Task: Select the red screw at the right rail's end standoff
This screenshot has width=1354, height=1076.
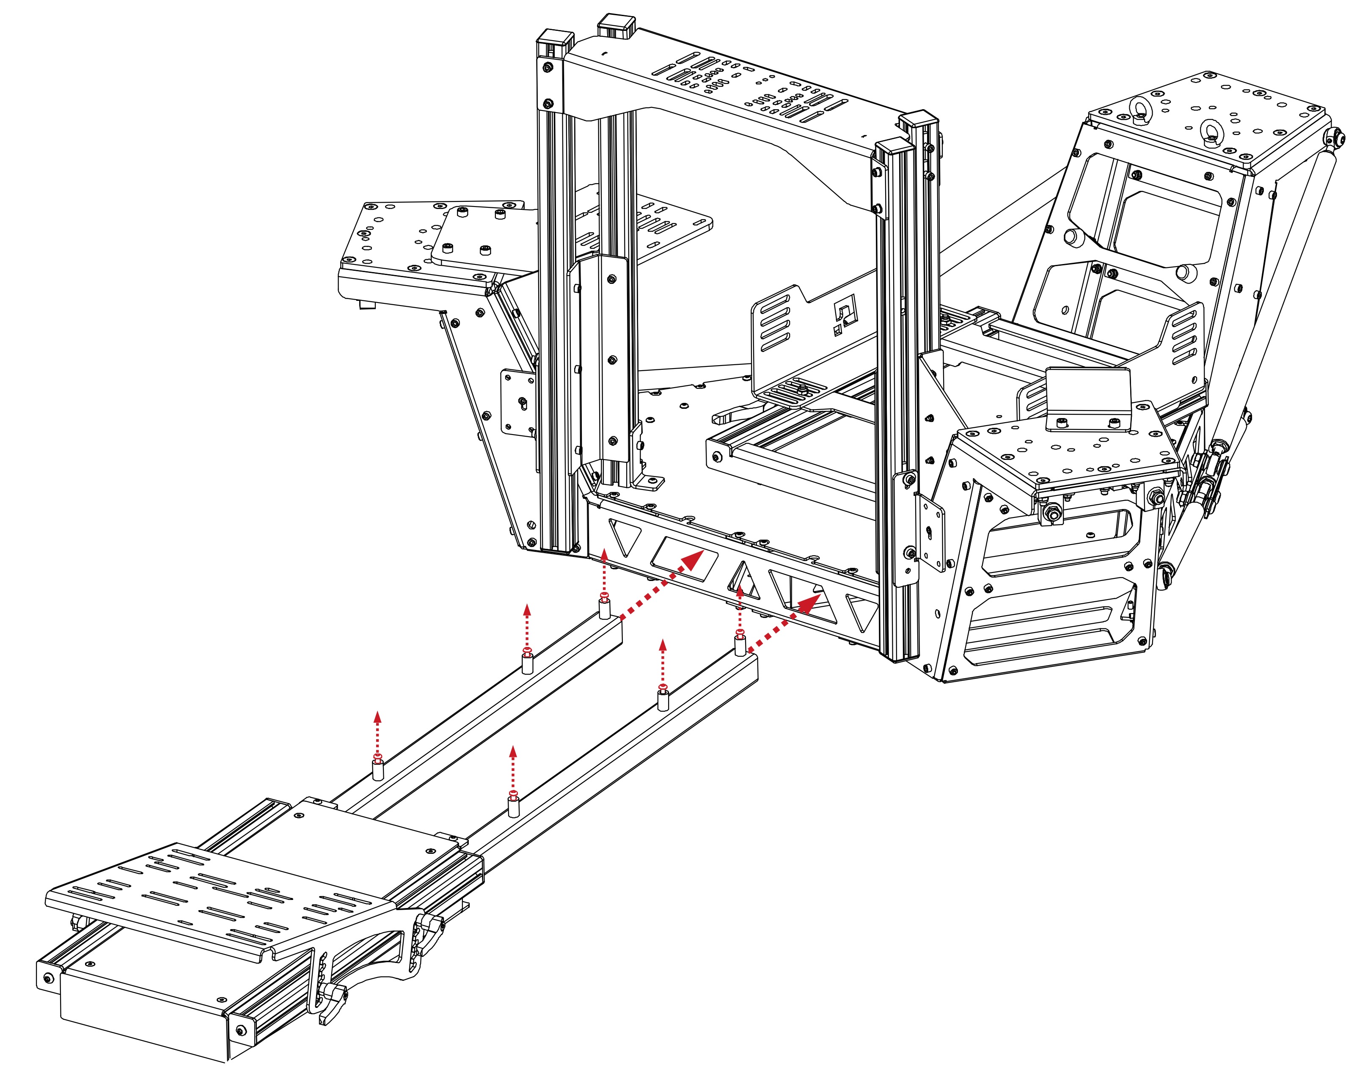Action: tap(740, 633)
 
